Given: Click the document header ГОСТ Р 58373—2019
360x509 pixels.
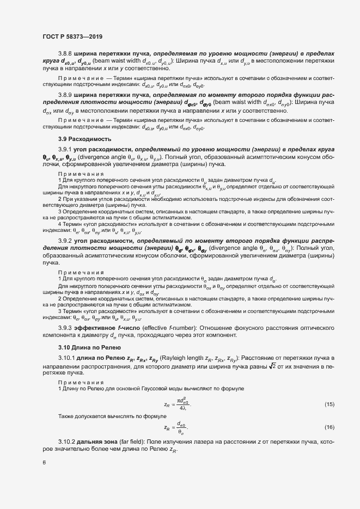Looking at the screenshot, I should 72,36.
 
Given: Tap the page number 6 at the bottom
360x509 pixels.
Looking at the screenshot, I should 44,462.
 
